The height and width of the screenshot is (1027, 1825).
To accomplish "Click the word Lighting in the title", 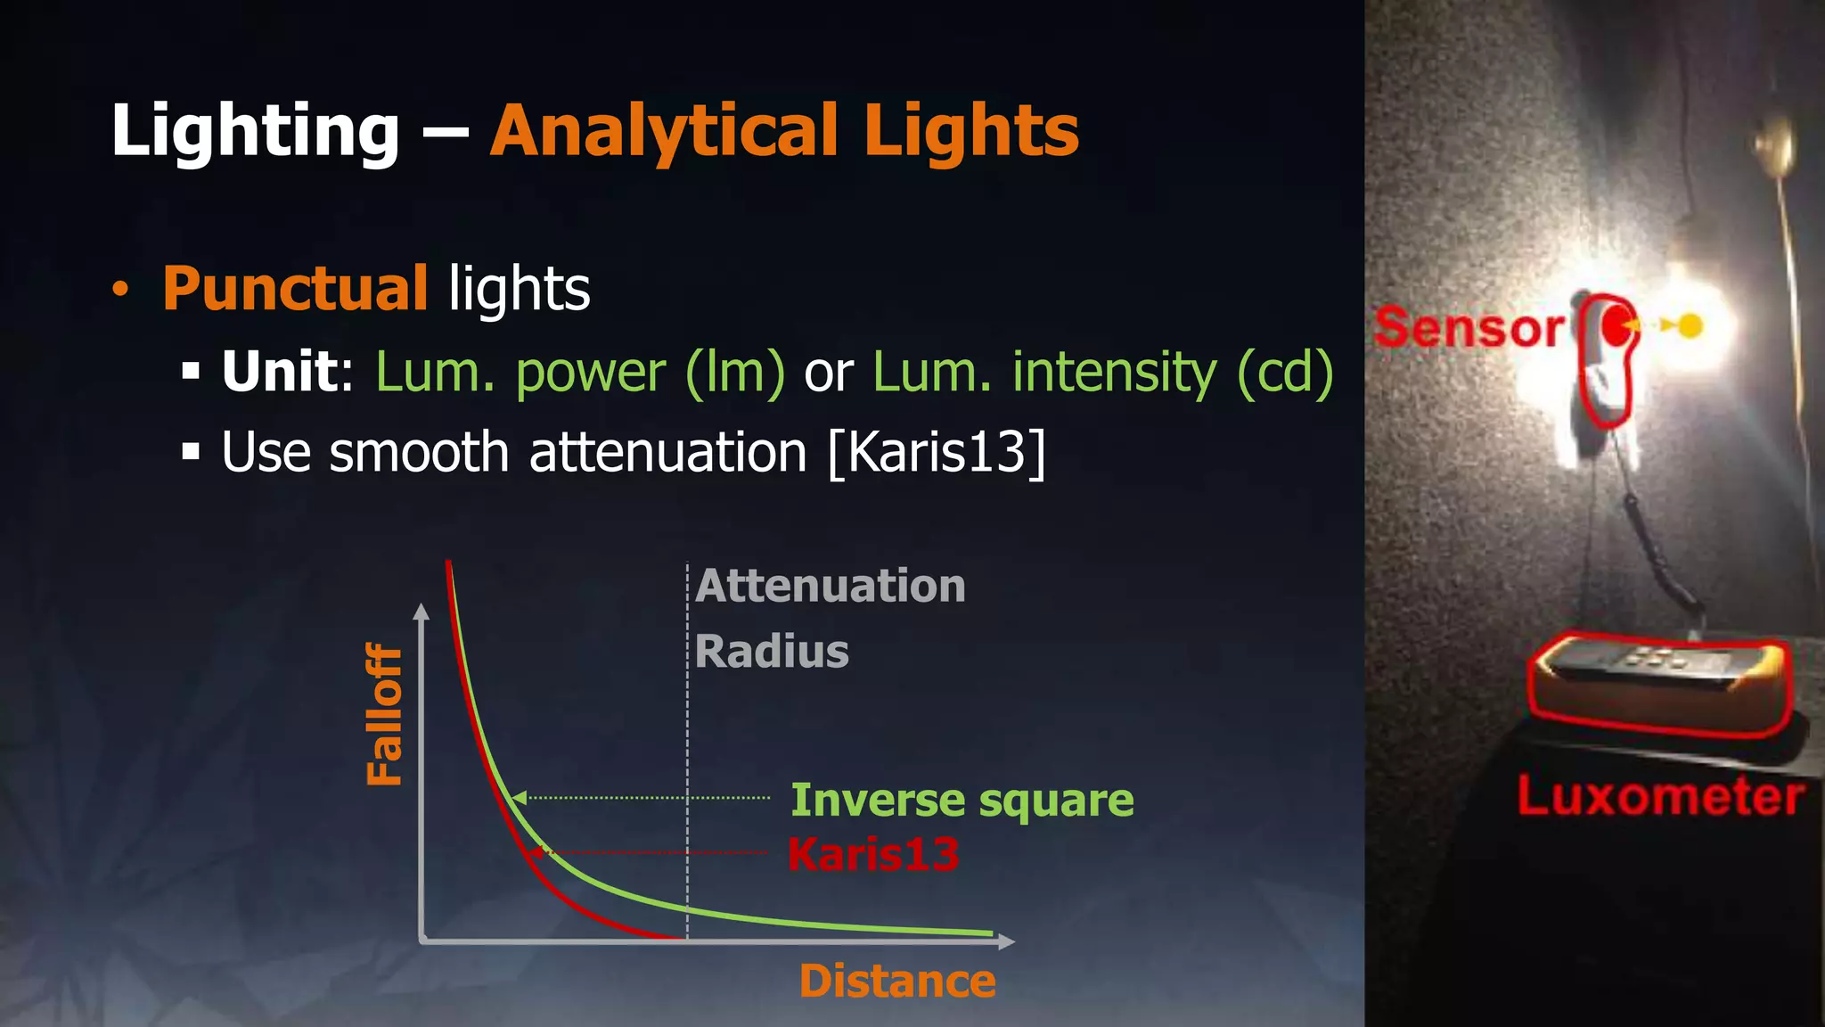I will click(255, 132).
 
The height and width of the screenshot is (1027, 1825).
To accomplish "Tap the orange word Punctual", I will click(295, 289).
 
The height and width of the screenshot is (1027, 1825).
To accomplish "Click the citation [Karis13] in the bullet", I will click(937, 452).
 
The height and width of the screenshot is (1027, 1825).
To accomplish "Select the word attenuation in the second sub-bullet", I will click(668, 452).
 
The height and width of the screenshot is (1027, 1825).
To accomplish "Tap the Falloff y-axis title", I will click(385, 714).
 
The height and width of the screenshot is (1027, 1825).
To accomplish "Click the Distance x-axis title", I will click(897, 982).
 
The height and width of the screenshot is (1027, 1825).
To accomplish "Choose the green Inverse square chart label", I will click(962, 800).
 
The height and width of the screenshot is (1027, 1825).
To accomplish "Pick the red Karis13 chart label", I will click(873, 854).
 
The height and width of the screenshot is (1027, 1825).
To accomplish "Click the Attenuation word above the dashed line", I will click(831, 586).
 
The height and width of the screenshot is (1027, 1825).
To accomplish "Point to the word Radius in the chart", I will click(772, 651).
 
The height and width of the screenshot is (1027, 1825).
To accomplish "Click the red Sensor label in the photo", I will click(1468, 328).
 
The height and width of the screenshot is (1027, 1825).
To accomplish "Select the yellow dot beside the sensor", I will click(1690, 326).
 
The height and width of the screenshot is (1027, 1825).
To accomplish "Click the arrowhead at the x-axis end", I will click(1007, 941).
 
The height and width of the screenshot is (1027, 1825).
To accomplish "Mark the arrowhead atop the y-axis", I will click(421, 612).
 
